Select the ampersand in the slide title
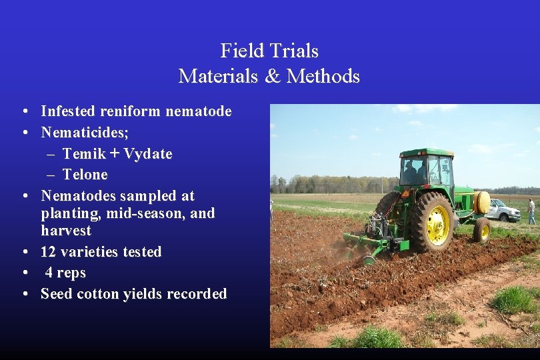273,76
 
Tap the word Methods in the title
323,76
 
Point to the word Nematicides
85,132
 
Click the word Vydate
148,154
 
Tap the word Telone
85,175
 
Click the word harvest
66,231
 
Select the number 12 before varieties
49,252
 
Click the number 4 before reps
49,273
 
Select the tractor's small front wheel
482,230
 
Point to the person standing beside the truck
531,211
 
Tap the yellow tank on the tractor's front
481,202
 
